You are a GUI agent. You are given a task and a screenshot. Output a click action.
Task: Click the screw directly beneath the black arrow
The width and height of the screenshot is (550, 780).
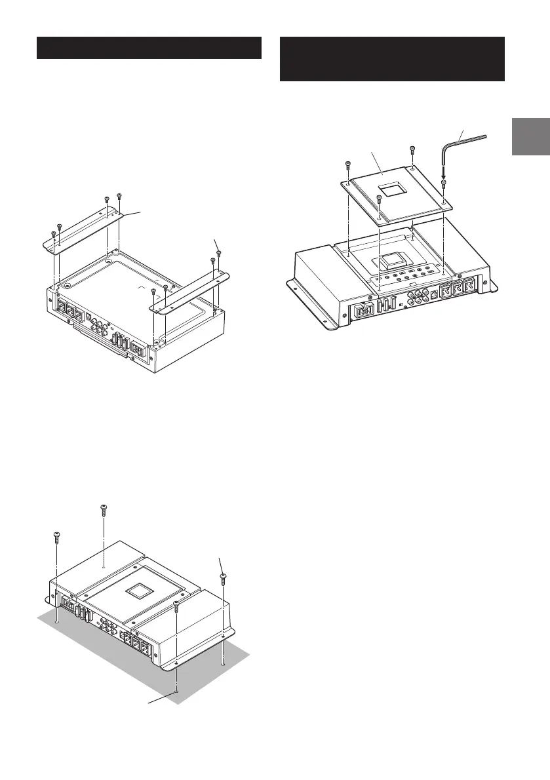444,185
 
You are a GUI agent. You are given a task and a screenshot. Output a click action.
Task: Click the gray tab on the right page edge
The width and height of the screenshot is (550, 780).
530,137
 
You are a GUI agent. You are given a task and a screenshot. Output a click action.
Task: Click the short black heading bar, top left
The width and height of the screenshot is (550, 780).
149,48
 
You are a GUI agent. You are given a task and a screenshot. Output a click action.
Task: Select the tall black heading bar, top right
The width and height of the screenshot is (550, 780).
392,59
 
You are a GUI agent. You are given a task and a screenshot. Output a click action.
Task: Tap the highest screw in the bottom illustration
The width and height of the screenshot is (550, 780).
103,509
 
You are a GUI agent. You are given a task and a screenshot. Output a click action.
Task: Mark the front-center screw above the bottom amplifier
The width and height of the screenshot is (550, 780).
176,604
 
